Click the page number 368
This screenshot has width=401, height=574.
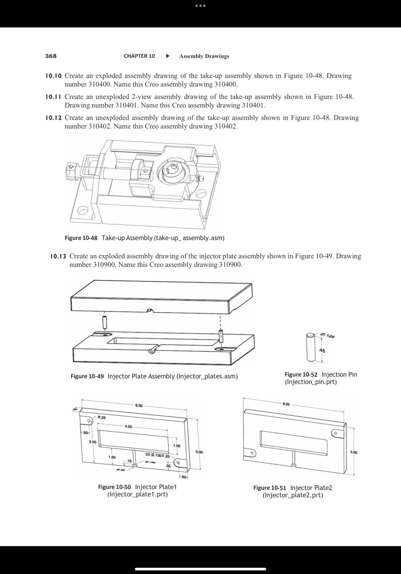[x=51, y=56]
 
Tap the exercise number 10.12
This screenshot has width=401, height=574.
[x=53, y=118]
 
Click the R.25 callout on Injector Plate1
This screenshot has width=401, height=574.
[x=102, y=417]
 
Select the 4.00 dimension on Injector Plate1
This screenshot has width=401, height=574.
[x=128, y=427]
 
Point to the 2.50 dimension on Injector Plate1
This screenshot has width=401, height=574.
[x=93, y=442]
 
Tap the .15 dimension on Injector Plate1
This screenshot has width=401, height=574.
[x=129, y=461]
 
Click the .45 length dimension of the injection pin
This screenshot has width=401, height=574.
[x=322, y=351]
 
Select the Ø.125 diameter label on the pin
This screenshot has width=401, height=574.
[x=327, y=335]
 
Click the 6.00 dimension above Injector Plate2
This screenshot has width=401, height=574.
[x=286, y=404]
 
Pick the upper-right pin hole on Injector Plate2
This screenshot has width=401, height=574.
[x=335, y=433]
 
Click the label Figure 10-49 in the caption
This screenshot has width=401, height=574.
[x=87, y=376]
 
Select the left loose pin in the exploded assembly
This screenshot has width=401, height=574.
[x=105, y=322]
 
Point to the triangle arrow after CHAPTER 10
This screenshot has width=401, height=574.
[x=168, y=56]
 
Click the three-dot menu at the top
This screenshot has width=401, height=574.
[x=200, y=6]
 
